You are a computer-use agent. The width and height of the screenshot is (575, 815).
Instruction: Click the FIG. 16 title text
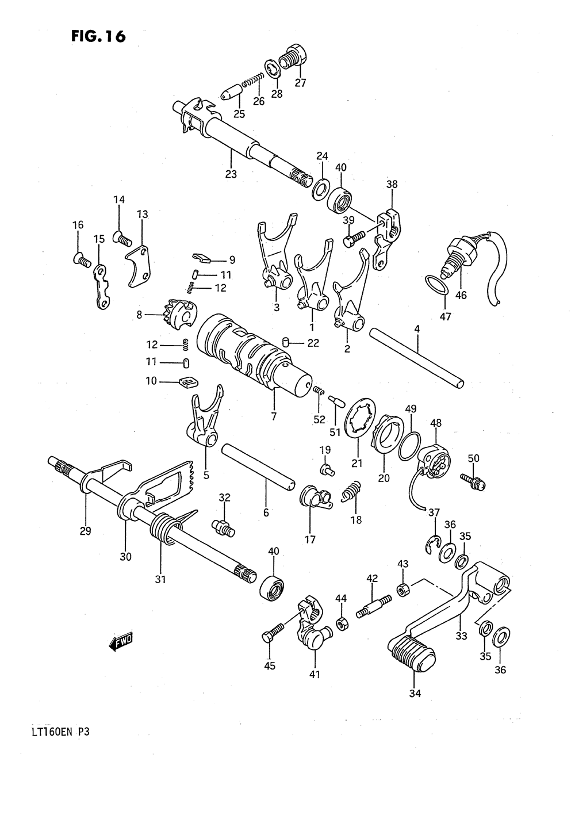pyautogui.click(x=97, y=36)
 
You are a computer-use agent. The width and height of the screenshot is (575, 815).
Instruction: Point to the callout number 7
pyautogui.click(x=274, y=415)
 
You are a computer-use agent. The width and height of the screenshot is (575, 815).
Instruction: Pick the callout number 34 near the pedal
pyautogui.click(x=415, y=693)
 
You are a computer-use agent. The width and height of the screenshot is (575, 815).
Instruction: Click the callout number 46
pyautogui.click(x=461, y=296)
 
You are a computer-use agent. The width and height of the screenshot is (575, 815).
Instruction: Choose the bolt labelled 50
pyautogui.click(x=472, y=481)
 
